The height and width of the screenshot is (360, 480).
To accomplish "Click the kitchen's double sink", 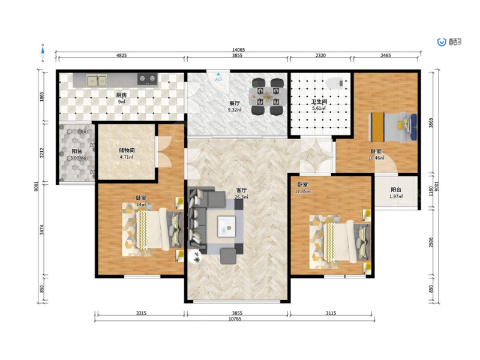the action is tap(97, 81).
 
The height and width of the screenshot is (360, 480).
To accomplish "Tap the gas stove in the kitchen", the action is tap(147, 79).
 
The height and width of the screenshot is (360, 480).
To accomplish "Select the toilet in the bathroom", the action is tap(335, 83).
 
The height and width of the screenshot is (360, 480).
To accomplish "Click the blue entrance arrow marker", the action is tap(218, 74).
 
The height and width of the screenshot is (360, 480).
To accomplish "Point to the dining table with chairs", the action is tap(268, 97).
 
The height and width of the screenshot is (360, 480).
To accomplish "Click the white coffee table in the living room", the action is tap(227, 227).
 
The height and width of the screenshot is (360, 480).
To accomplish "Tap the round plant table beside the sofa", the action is tap(195, 257).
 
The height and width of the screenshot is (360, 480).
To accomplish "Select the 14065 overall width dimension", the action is tap(238, 50).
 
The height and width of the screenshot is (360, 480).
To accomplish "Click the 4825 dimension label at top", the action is tap(122, 55).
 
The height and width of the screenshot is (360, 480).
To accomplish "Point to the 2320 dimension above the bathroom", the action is tap(320, 55).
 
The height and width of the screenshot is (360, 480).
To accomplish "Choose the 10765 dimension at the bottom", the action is tap(235, 319).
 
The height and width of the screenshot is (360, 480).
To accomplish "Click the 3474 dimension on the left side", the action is tap(42, 230).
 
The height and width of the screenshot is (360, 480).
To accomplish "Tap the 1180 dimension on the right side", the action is tap(431, 191).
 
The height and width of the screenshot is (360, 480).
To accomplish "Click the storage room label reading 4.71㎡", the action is tap(127, 157).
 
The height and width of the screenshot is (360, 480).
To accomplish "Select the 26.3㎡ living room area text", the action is tap(241, 197).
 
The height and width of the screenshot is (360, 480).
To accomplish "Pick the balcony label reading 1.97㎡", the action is tap(396, 196).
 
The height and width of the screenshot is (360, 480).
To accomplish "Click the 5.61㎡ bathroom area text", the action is tap(319, 108).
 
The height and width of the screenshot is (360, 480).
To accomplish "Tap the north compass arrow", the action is tap(43, 53).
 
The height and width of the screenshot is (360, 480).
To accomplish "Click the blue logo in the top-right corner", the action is tap(442, 42).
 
